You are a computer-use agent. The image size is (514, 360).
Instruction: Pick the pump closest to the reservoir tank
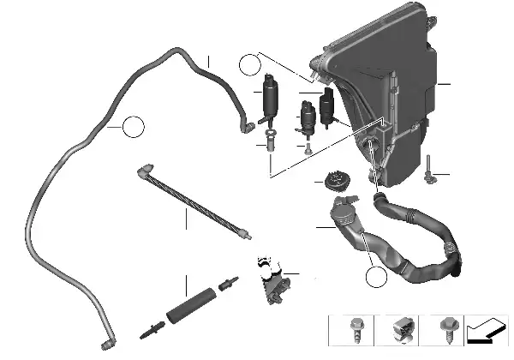326,110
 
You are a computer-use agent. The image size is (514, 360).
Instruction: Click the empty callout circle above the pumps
249,63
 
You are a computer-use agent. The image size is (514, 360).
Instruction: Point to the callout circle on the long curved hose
133,129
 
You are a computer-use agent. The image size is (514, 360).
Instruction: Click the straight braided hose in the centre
194,202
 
